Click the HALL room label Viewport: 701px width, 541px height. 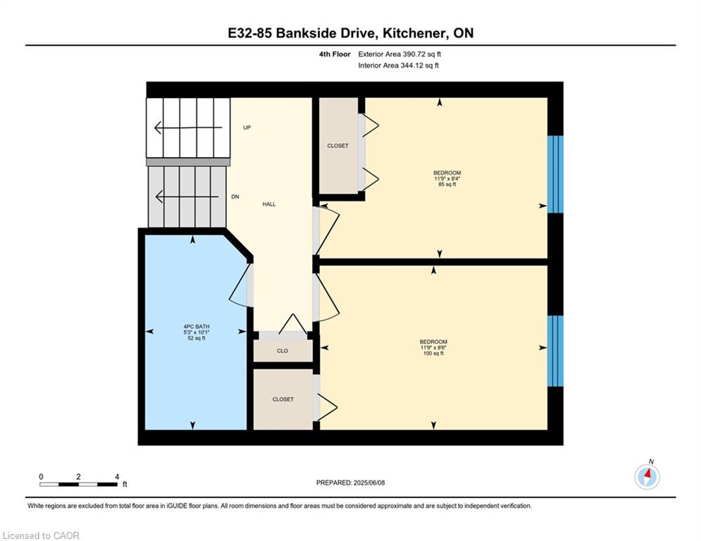(x=268, y=204)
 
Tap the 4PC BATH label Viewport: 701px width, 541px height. (x=197, y=327)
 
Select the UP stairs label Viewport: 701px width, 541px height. (x=247, y=128)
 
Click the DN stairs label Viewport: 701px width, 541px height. (x=235, y=197)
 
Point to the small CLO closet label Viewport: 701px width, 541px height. (x=283, y=351)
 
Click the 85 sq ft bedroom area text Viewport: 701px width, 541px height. (x=447, y=185)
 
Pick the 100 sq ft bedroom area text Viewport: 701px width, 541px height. (x=433, y=353)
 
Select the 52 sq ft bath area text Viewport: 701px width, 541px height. (x=197, y=338)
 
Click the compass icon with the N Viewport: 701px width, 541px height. (x=647, y=476)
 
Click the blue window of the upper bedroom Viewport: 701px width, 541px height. (x=555, y=175)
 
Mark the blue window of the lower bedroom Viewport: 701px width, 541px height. (x=555, y=351)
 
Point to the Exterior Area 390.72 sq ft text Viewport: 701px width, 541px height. (x=399, y=54)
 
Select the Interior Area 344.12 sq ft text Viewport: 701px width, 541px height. (x=398, y=66)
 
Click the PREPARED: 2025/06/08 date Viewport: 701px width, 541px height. (x=351, y=483)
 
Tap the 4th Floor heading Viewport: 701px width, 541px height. (x=335, y=54)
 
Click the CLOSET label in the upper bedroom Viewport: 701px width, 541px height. (x=337, y=146)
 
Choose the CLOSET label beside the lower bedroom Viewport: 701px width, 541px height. (x=283, y=399)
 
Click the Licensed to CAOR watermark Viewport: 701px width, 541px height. (x=41, y=535)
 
